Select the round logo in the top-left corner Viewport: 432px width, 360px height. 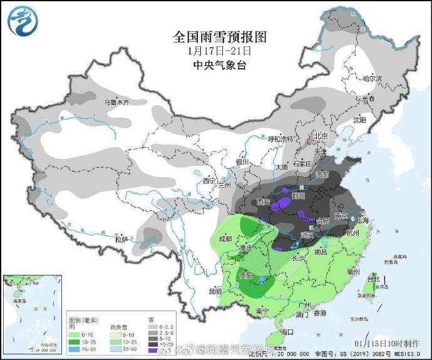point(23,20)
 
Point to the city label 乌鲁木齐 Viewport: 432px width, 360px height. point(116,101)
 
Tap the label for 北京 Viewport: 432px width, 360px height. point(321,136)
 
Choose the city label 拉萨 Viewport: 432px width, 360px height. point(121,239)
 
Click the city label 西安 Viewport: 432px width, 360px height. point(264,202)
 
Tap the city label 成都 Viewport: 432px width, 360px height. point(225,239)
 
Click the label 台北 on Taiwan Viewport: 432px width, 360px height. point(373,279)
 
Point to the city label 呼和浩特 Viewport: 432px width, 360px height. point(280,138)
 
